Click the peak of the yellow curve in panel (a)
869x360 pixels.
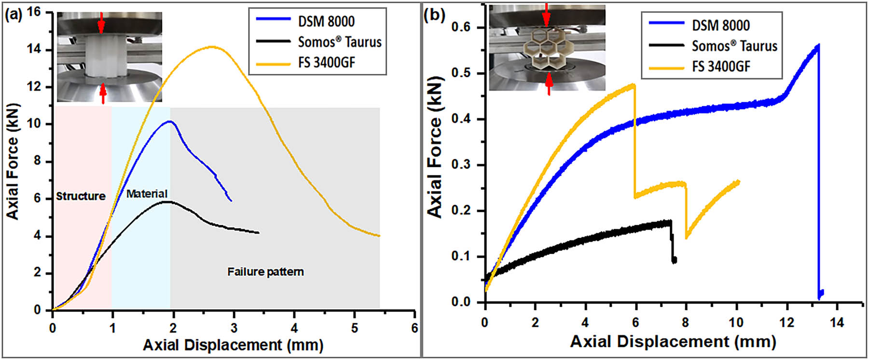click(x=212, y=47)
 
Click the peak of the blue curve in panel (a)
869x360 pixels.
click(x=169, y=122)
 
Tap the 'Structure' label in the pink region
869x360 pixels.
click(x=81, y=196)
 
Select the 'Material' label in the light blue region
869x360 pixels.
click(x=147, y=194)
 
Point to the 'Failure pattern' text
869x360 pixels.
click(x=265, y=272)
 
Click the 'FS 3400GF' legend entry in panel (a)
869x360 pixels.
click(x=326, y=63)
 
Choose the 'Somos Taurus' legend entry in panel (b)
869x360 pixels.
click(x=734, y=46)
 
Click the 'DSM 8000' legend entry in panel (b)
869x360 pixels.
click(x=720, y=25)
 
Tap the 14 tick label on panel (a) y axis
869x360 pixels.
click(x=34, y=50)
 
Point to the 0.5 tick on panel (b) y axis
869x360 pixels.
click(x=461, y=73)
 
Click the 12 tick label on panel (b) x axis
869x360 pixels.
click(x=787, y=322)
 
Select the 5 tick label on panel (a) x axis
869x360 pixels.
click(x=355, y=328)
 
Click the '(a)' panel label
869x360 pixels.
click(x=14, y=14)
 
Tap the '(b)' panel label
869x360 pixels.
click(x=434, y=15)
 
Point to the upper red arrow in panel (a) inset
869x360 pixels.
click(x=101, y=22)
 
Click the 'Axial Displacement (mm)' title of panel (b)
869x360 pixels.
click(x=673, y=342)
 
